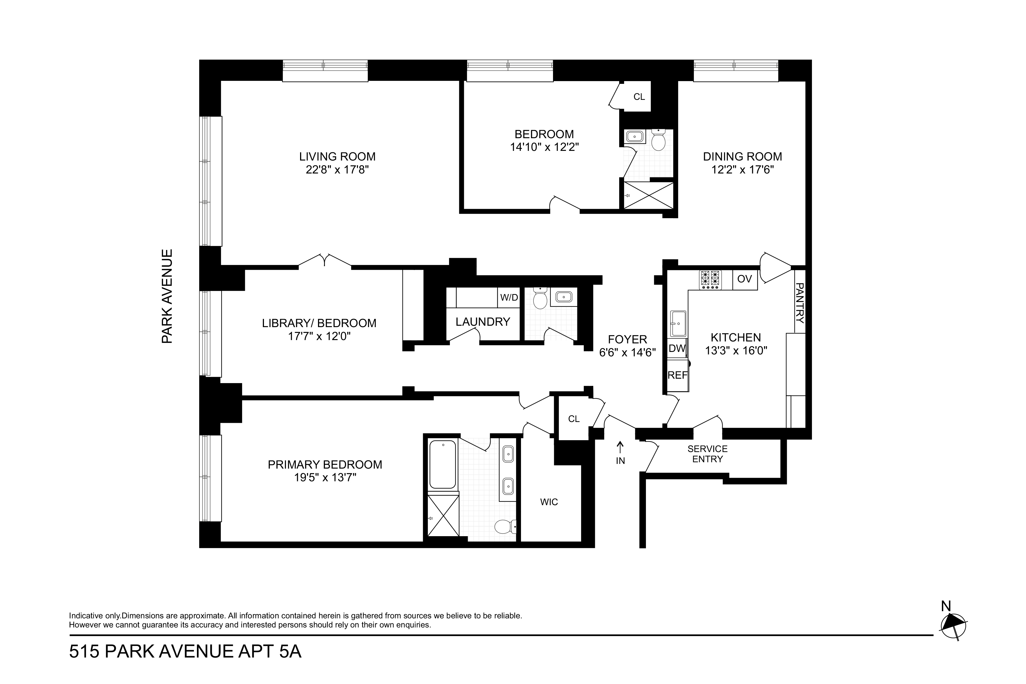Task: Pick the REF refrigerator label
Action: [677, 375]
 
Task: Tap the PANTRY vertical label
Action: [800, 303]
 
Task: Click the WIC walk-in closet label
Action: [549, 502]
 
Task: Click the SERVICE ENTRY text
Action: [707, 454]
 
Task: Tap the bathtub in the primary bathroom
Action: [443, 464]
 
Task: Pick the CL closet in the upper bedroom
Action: [639, 97]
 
